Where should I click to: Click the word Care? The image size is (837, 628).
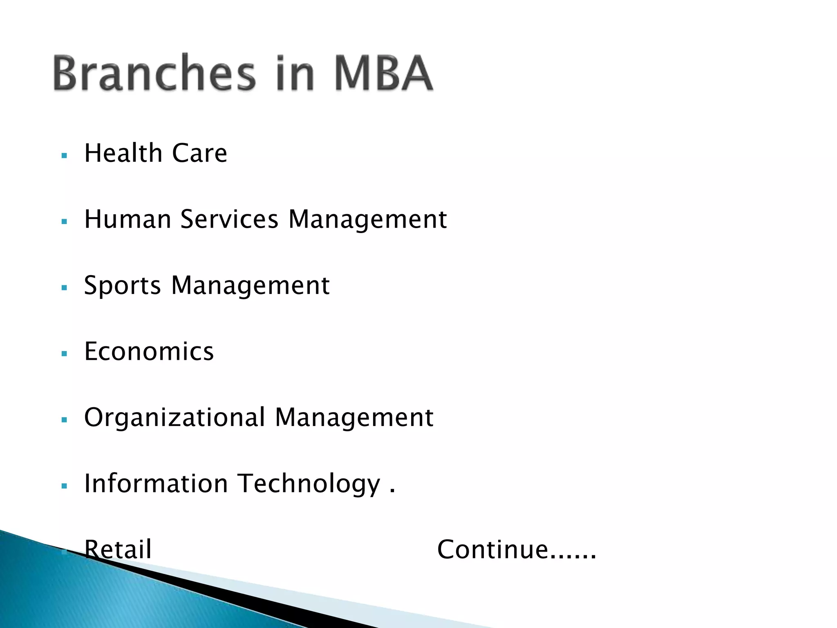tap(199, 153)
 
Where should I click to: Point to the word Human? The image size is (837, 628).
tap(128, 219)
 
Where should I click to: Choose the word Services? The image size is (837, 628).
tap(229, 219)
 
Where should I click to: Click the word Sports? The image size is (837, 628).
tap(123, 286)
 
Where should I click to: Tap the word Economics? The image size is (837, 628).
tap(149, 351)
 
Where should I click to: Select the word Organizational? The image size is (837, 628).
tap(175, 418)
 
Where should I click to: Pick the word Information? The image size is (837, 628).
tap(156, 483)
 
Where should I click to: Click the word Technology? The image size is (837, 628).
tap(309, 484)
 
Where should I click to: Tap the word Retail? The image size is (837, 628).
tap(118, 549)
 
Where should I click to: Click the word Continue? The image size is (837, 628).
tap(492, 549)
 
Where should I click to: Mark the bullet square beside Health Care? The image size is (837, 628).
tap(64, 156)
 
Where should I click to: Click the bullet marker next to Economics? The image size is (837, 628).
tap(64, 354)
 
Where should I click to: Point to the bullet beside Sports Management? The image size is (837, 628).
tap(64, 288)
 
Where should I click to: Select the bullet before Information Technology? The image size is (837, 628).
tap(64, 486)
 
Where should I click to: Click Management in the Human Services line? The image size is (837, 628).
tap(367, 220)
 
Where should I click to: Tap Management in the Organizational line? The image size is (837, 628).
tap(354, 418)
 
